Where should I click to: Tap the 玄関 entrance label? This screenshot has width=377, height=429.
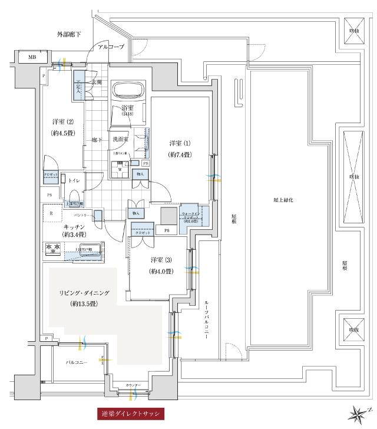pyautogui.click(x=96, y=82)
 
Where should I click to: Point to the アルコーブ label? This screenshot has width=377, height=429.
pyautogui.click(x=111, y=47)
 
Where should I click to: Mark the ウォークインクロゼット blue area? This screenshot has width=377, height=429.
pyautogui.click(x=193, y=216)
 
